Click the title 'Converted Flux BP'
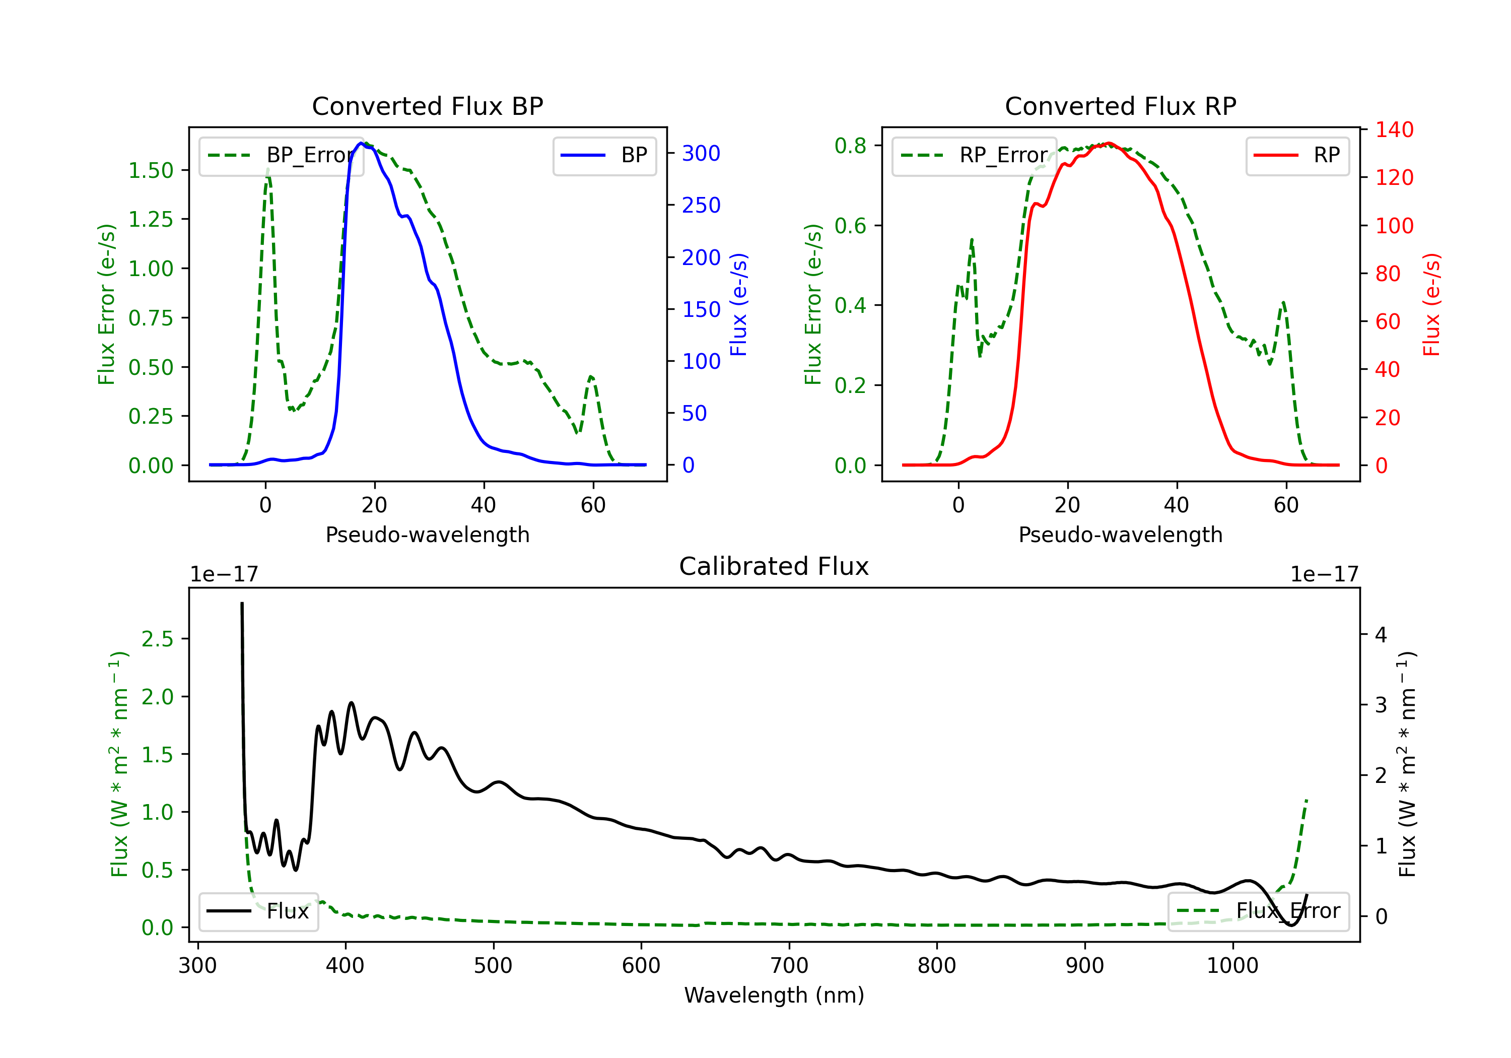tap(427, 106)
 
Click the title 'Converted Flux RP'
tap(1120, 106)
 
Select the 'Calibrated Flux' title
tap(774, 566)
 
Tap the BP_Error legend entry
tap(281, 155)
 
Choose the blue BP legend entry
tap(604, 155)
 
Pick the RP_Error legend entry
tap(974, 155)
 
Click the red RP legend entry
tap(1297, 155)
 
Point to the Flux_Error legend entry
tap(1258, 911)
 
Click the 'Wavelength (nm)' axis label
tap(774, 996)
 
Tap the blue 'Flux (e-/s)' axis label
tap(738, 305)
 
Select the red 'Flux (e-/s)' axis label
tap(1431, 305)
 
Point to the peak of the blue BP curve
tap(361, 143)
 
